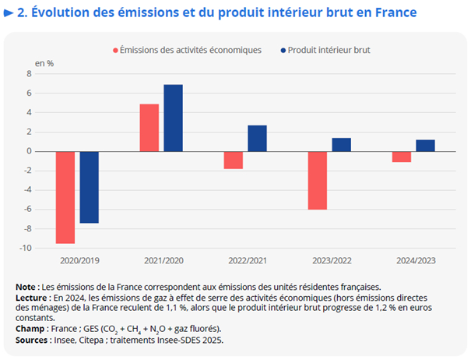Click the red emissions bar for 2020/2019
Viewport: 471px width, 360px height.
pos(65,197)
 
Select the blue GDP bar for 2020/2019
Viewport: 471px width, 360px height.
pos(90,187)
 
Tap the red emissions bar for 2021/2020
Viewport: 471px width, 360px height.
pos(149,128)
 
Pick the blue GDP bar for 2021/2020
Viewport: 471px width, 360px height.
pos(174,118)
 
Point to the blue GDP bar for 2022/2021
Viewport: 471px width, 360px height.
pos(258,139)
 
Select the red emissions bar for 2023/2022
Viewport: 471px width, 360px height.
pos(318,180)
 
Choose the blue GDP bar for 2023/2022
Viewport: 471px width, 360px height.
pos(342,145)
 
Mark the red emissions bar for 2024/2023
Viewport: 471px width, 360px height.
pos(402,157)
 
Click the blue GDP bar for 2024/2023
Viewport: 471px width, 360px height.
pos(426,146)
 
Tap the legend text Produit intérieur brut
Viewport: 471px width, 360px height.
pos(329,50)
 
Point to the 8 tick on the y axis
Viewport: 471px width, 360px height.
pos(50,74)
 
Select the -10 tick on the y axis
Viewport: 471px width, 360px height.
pos(46,248)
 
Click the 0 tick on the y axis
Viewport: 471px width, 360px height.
pos(50,151)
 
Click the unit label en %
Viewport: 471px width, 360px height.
pos(44,62)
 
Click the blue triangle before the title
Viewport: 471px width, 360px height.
pos(9,12)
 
